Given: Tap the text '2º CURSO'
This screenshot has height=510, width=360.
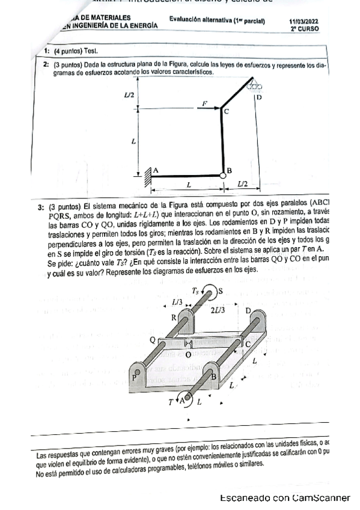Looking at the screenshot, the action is tap(305, 28).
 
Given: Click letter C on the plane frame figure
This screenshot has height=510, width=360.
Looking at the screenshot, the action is tap(227, 112).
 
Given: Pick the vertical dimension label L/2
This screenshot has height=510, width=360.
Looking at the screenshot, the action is tap(130, 94).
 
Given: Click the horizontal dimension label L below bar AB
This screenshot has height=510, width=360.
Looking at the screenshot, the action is tap(188, 184).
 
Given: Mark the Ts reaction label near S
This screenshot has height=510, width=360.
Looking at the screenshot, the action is tap(196, 290).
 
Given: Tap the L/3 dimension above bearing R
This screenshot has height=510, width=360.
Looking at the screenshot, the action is tap(177, 301).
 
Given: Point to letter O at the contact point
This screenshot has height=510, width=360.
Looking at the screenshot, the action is tap(188, 355).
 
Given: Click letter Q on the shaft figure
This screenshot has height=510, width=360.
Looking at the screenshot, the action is tap(153, 339).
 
